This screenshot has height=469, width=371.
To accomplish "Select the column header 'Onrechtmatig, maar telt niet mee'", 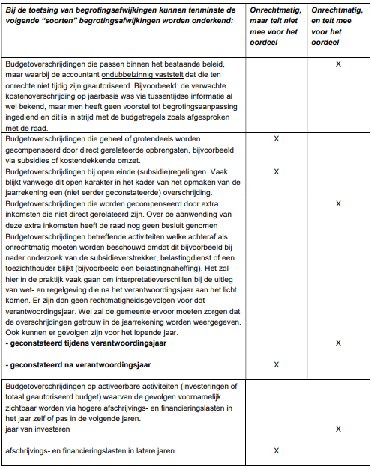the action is coord(277,22).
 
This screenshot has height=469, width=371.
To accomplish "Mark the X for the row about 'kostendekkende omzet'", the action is coord(277,139).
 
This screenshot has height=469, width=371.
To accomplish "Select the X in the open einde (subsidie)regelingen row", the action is coord(277,171).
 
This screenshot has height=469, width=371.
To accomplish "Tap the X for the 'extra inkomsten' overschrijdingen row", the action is coord(339,203).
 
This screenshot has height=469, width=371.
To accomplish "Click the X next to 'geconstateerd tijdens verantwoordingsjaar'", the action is coord(339,343).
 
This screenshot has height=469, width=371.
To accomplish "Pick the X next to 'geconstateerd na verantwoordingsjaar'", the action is coord(277,364).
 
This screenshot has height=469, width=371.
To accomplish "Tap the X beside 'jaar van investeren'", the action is coord(339,429).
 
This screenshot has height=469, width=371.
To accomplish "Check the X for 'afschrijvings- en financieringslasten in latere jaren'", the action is coord(277,451).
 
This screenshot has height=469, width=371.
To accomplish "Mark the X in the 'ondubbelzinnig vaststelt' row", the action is coord(339,64).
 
